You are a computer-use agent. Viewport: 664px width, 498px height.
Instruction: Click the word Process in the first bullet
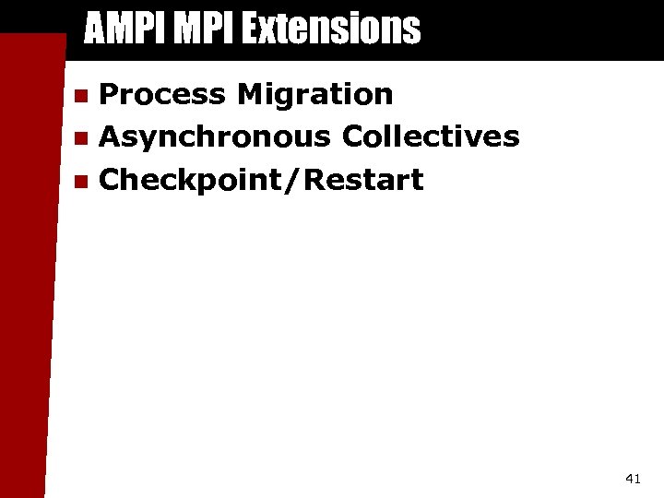pyautogui.click(x=162, y=94)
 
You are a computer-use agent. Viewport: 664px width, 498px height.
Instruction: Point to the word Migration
pyautogui.click(x=315, y=94)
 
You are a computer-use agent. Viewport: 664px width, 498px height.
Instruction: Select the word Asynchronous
pyautogui.click(x=215, y=136)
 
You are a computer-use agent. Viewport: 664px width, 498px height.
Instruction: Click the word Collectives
pyautogui.click(x=431, y=136)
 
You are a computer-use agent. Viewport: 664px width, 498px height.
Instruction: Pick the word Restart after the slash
pyautogui.click(x=363, y=180)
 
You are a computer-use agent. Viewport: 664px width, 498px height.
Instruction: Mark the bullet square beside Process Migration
pyautogui.click(x=81, y=96)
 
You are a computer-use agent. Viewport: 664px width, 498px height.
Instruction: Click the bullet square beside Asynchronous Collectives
pyautogui.click(x=81, y=139)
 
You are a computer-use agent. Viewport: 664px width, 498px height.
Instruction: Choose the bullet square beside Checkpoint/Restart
pyautogui.click(x=81, y=182)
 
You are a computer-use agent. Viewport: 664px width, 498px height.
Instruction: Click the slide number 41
pyautogui.click(x=633, y=478)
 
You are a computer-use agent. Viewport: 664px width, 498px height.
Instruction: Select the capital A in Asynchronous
pyautogui.click(x=112, y=136)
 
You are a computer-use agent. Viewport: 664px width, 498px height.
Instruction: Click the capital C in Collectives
pyautogui.click(x=354, y=136)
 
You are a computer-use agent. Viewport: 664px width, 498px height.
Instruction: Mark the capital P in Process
pyautogui.click(x=110, y=94)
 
